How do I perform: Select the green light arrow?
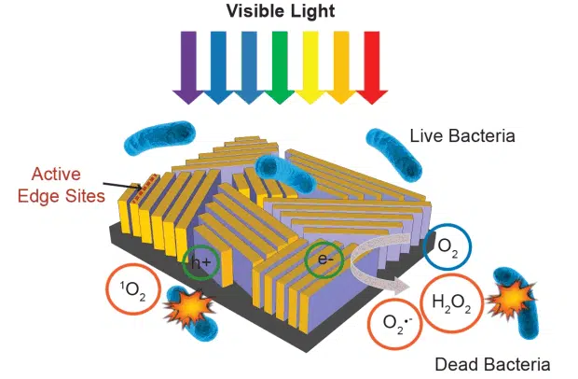coord(279,66)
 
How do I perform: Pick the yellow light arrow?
coord(310,66)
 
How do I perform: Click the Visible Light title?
coord(280,13)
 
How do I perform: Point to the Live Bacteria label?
coord(462,137)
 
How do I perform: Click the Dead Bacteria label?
coord(492,363)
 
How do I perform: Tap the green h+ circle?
coord(201,262)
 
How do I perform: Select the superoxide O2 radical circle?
coord(394,326)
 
